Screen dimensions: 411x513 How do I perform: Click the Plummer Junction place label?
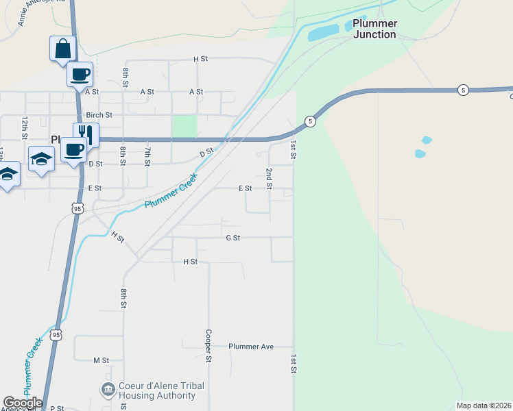pyautogui.click(x=374, y=29)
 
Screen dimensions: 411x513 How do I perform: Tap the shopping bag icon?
pyautogui.click(x=62, y=49)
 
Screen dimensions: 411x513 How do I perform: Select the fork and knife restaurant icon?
pyautogui.click(x=86, y=134)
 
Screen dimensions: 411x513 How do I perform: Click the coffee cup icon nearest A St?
pyautogui.click(x=79, y=73)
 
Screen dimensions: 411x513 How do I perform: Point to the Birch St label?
pyautogui.click(x=99, y=115)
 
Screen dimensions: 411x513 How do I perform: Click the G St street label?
pyautogui.click(x=232, y=238)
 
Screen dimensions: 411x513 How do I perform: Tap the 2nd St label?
pyautogui.click(x=270, y=178)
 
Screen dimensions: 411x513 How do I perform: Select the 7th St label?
pyautogui.click(x=147, y=156)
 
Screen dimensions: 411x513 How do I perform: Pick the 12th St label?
pyautogui.click(x=25, y=127)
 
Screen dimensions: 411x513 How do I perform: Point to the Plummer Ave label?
pyautogui.click(x=251, y=347)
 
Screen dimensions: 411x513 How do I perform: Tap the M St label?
pyautogui.click(x=101, y=360)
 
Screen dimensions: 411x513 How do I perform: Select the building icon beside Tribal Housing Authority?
pyautogui.click(x=108, y=390)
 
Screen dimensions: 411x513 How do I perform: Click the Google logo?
pyautogui.click(x=23, y=403)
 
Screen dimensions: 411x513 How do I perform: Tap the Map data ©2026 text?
pyautogui.click(x=483, y=406)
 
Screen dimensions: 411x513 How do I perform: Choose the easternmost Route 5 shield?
pyautogui.click(x=464, y=90)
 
